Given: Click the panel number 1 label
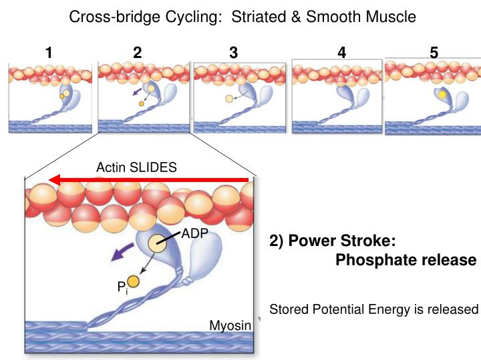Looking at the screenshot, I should click(49, 53).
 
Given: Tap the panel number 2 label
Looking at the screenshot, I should click(138, 53).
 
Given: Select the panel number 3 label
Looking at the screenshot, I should click(233, 53).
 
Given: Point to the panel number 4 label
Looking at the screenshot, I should click(342, 53).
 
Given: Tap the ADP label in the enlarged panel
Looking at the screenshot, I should click(195, 234).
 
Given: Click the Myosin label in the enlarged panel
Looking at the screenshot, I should click(230, 325).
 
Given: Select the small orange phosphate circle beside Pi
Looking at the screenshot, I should click(133, 281).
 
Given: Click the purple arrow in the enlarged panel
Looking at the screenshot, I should click(121, 253).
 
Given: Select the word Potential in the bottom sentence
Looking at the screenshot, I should click(335, 309).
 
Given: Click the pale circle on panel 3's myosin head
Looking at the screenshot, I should click(229, 99).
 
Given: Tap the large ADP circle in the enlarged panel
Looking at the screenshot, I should click(158, 243).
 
